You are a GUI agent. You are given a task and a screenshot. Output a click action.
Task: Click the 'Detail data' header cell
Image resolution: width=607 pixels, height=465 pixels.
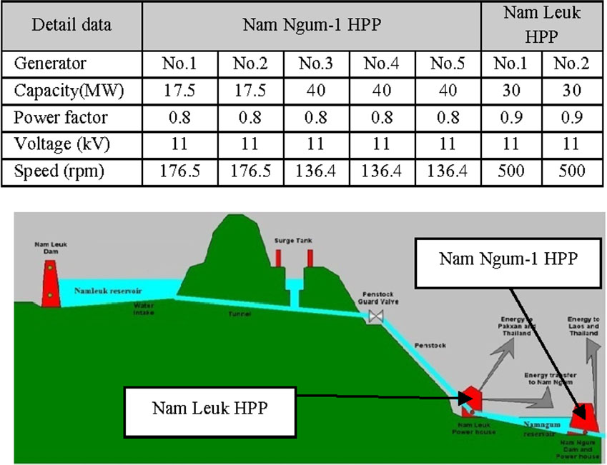click(x=71, y=25)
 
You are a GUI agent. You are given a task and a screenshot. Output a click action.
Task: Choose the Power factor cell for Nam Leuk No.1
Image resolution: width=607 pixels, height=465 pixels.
click(x=510, y=118)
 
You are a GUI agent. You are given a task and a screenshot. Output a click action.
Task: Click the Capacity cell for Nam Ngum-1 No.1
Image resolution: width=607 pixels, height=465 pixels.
click(x=179, y=91)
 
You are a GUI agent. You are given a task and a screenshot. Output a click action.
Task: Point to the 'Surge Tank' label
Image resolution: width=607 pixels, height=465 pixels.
click(x=292, y=241)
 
